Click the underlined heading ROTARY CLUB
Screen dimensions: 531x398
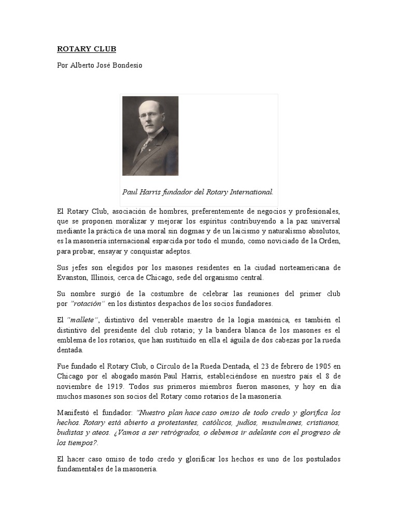click(x=87, y=49)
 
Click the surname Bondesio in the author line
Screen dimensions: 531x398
click(x=126, y=66)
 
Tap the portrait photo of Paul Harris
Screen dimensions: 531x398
click(x=150, y=136)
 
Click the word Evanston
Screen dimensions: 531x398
click(x=73, y=277)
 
